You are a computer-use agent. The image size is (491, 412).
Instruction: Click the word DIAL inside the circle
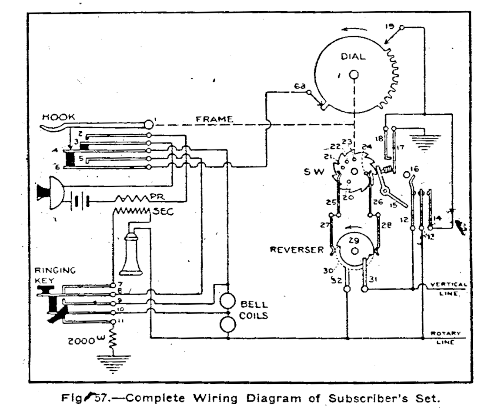(354, 56)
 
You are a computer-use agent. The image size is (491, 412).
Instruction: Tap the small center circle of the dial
(354, 75)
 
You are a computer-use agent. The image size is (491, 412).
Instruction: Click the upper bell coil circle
(227, 301)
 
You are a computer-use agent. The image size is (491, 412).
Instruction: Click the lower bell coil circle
(227, 324)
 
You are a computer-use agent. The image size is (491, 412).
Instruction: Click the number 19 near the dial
(390, 27)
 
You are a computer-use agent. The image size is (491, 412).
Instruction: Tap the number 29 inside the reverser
(354, 240)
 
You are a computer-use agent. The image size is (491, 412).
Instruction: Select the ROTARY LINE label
(445, 338)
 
